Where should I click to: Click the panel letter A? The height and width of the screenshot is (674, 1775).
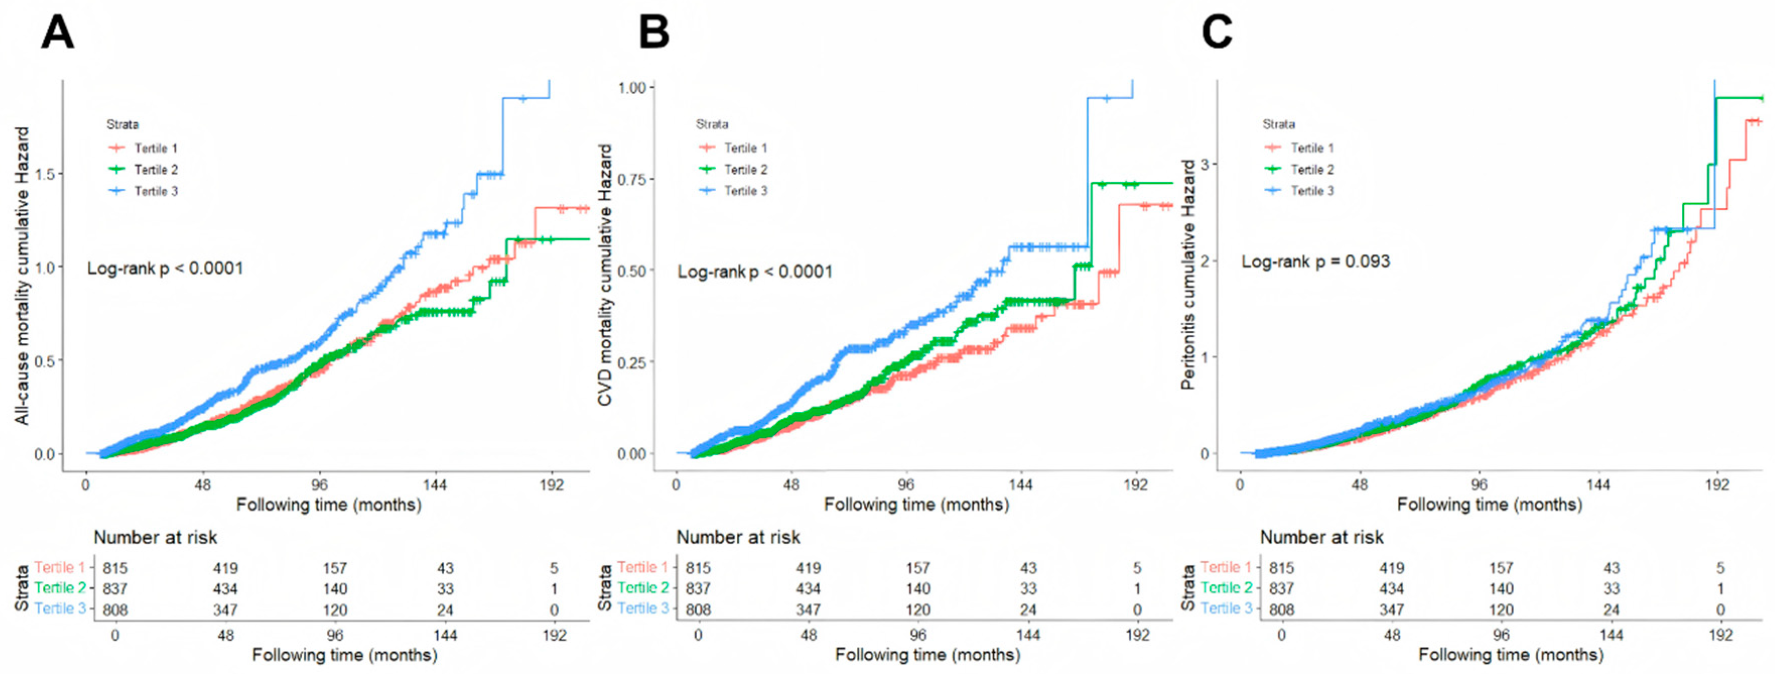57,33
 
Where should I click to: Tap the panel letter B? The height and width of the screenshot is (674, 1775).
653,33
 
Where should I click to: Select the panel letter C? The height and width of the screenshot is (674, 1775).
1217,33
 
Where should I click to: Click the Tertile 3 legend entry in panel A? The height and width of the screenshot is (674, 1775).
156,191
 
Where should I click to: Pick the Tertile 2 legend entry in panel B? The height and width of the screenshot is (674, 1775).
745,169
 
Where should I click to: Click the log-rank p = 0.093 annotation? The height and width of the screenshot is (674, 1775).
1316,262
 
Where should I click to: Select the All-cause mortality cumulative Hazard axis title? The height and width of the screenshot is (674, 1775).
23,275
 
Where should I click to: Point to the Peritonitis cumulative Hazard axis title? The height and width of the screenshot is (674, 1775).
1187,275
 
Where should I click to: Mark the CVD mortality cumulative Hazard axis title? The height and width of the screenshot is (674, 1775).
605,275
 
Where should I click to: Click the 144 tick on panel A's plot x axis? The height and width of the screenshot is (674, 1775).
435,485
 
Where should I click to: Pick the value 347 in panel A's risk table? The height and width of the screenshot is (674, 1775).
225,610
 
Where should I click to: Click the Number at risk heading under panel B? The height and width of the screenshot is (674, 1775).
738,538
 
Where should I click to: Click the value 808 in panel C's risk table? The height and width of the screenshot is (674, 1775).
1282,610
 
